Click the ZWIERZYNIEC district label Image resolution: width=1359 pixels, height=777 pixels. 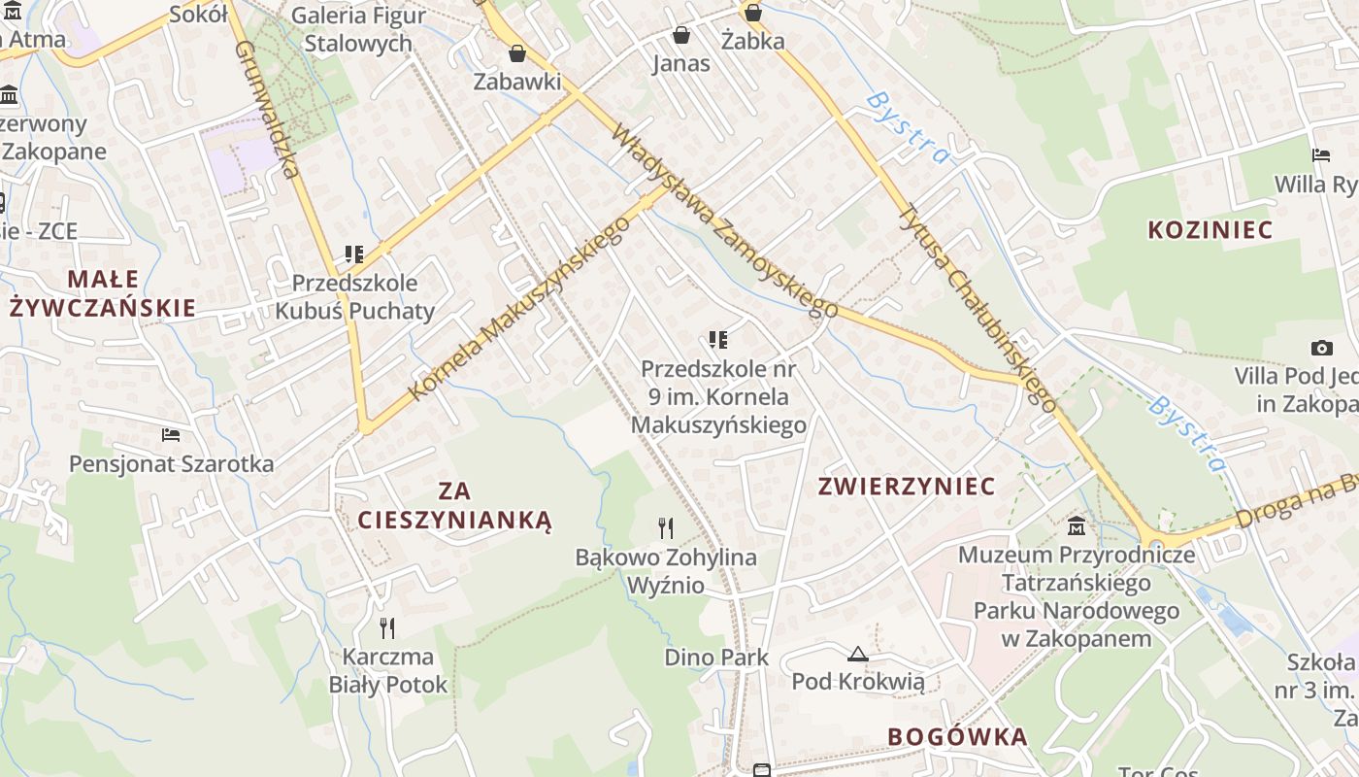pyautogui.click(x=907, y=486)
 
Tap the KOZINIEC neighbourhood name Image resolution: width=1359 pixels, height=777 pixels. pyautogui.click(x=1210, y=230)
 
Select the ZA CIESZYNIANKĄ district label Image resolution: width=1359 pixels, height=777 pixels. pyautogui.click(x=454, y=506)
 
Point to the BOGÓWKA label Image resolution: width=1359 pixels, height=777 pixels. pyautogui.click(x=957, y=736)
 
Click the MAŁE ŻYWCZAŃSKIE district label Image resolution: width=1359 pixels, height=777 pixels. pyautogui.click(x=103, y=293)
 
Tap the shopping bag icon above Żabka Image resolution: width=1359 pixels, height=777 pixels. pyautogui.click(x=752, y=14)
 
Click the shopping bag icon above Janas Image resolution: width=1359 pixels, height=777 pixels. pyautogui.click(x=681, y=36)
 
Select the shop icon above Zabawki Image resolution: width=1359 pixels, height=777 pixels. pyautogui.click(x=517, y=52)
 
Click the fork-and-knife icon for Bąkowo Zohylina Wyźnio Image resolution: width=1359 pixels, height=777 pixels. pyautogui.click(x=665, y=528)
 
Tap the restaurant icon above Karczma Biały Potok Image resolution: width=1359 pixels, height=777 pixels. pyautogui.click(x=387, y=628)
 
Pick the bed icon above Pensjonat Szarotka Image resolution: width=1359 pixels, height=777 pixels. pyautogui.click(x=171, y=435)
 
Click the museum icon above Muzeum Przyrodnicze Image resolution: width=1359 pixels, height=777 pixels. pyautogui.click(x=1077, y=526)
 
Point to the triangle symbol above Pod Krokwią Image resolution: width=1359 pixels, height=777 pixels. pyautogui.click(x=857, y=654)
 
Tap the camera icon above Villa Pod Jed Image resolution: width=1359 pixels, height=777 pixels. pyautogui.click(x=1321, y=348)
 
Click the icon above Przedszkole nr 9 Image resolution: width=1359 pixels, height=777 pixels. pyautogui.click(x=718, y=340)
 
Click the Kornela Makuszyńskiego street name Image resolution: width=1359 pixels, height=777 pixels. pyautogui.click(x=519, y=308)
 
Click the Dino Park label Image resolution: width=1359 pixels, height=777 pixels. pyautogui.click(x=716, y=658)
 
